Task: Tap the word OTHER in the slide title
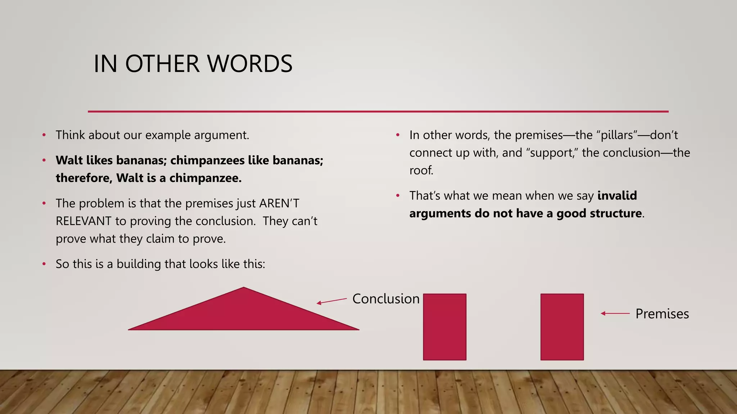click(162, 64)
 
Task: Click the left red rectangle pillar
click(444, 327)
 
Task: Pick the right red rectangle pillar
click(562, 327)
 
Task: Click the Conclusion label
click(386, 299)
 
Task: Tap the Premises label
click(662, 314)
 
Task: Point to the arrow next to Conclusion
click(331, 301)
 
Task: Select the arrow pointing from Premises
click(615, 313)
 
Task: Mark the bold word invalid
click(617, 195)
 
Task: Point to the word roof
click(421, 170)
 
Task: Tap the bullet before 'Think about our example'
click(44, 135)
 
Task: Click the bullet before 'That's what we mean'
click(398, 196)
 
